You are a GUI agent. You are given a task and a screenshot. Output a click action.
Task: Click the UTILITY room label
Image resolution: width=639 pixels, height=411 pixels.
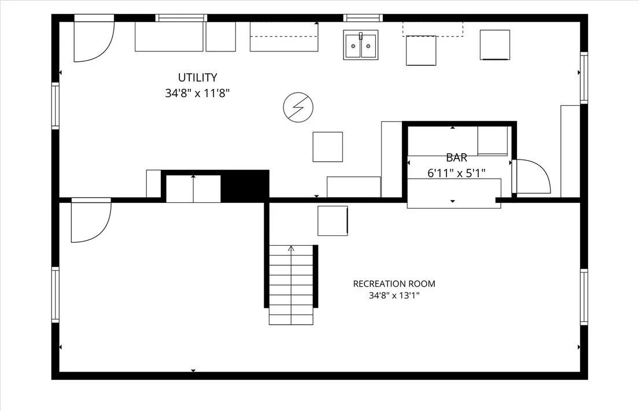197,77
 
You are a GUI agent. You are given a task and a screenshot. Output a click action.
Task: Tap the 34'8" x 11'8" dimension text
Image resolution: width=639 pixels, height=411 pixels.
197,93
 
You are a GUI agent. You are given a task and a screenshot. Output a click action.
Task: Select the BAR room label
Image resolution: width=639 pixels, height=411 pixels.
456,158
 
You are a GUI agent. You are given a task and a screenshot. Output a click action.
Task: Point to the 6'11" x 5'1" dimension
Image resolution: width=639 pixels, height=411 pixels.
456,173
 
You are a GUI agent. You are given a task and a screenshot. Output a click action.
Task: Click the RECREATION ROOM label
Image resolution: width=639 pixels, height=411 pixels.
394,283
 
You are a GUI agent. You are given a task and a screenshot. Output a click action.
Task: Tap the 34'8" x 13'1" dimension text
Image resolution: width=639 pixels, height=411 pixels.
394,295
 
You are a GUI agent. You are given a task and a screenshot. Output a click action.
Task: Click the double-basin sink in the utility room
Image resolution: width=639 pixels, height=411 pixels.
361,45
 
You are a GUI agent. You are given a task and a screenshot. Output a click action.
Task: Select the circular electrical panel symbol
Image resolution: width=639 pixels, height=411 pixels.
298,108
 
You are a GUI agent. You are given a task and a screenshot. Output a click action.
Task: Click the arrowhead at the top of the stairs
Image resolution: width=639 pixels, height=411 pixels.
291,247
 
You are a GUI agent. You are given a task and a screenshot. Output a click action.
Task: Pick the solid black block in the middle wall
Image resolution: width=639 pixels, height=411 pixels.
245,186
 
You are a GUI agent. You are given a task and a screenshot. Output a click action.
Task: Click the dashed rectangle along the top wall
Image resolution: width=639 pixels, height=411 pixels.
433,29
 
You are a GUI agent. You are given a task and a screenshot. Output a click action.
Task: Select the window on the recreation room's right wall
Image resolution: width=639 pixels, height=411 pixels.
584,297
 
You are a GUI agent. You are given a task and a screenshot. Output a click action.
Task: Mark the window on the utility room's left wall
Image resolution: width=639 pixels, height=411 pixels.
55,106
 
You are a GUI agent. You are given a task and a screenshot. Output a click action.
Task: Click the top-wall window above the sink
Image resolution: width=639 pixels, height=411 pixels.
363,18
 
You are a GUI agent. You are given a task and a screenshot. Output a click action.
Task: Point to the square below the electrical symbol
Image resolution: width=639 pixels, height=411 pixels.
328,147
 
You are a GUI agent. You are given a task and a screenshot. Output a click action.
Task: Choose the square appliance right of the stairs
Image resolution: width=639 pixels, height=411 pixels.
333,221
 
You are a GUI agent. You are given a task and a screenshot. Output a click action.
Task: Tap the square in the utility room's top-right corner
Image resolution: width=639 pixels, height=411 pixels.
495,45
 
